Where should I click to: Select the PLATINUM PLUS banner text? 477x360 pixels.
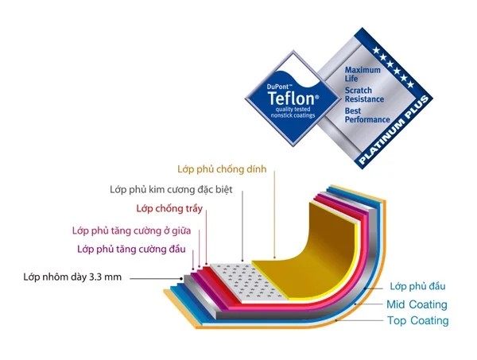pyautogui.click(x=394, y=130)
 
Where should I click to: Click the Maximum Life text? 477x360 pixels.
pyautogui.click(x=363, y=74)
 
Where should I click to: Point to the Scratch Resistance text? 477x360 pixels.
pyautogui.click(x=364, y=95)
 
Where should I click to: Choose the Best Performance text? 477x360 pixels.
pyautogui.click(x=367, y=115)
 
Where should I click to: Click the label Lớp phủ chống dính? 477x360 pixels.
pyautogui.click(x=222, y=169)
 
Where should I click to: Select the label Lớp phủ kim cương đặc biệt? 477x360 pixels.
pyautogui.click(x=171, y=190)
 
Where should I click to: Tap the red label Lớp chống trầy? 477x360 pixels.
pyautogui.click(x=169, y=208)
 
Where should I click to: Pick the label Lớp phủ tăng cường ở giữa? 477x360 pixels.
pyautogui.click(x=132, y=230)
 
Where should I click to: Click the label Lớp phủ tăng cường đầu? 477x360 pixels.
pyautogui.click(x=131, y=250)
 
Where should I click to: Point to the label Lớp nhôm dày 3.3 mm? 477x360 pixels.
pyautogui.click(x=72, y=277)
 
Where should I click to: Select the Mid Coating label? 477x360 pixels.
pyautogui.click(x=417, y=304)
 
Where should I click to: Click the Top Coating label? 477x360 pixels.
pyautogui.click(x=418, y=320)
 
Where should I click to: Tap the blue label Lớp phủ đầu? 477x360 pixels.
pyautogui.click(x=417, y=286)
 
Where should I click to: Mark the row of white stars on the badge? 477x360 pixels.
pyautogui.click(x=394, y=68)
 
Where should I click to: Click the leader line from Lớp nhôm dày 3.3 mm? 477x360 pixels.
pyautogui.click(x=157, y=278)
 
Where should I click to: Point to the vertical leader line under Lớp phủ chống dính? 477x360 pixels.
pyautogui.click(x=275, y=214)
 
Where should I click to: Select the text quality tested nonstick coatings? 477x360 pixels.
pyautogui.click(x=293, y=112)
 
